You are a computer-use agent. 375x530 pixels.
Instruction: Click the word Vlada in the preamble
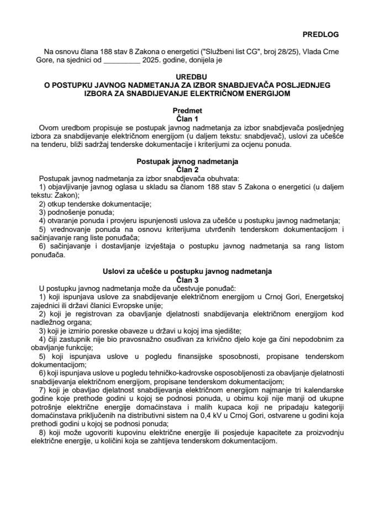click(x=314, y=51)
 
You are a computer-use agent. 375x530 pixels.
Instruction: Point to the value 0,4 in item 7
click(x=218, y=418)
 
